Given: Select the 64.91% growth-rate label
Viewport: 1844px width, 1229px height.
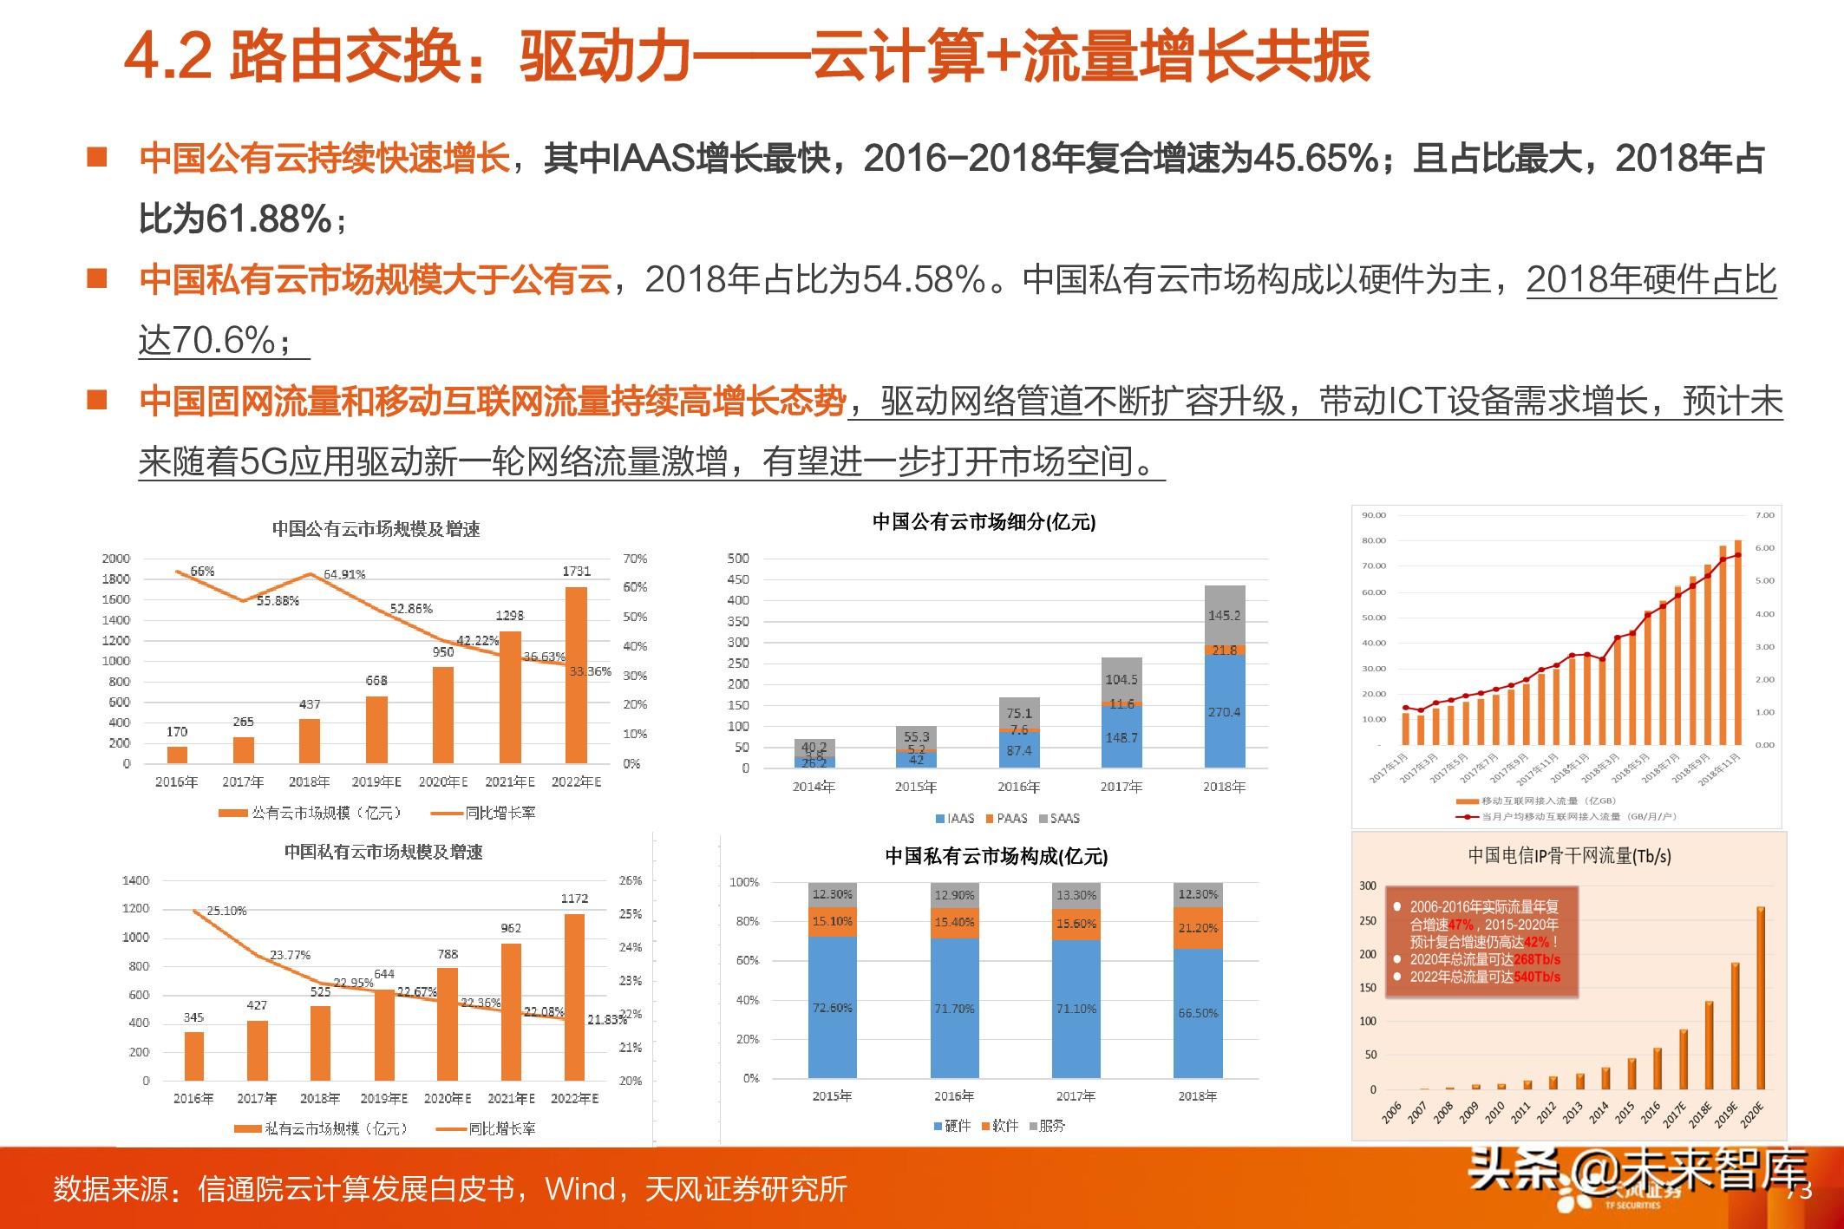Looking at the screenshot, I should pyautogui.click(x=344, y=574).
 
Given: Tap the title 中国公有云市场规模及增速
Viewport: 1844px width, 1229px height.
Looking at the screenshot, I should pyautogui.click(x=376, y=529).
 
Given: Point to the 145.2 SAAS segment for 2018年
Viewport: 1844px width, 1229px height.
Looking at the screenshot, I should pyautogui.click(x=1224, y=615).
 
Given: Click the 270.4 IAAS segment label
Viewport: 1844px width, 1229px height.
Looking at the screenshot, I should pyautogui.click(x=1224, y=712).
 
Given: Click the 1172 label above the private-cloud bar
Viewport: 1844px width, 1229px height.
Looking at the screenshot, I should pyautogui.click(x=574, y=899).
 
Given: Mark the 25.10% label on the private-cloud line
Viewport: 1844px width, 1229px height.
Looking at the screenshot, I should pyautogui.click(x=226, y=911).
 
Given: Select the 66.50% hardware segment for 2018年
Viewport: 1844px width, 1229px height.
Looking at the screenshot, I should pyautogui.click(x=1198, y=1013).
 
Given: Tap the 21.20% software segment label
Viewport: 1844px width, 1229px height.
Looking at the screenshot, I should pyautogui.click(x=1198, y=928).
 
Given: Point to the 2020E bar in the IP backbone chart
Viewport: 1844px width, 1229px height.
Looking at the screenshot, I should pyautogui.click(x=1760, y=997).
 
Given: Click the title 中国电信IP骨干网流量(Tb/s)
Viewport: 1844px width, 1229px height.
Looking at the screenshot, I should pyautogui.click(x=1569, y=856).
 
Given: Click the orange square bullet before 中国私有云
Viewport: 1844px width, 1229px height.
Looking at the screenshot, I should pyautogui.click(x=97, y=278).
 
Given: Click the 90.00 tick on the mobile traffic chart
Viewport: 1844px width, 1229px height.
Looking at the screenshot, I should pyautogui.click(x=1374, y=515).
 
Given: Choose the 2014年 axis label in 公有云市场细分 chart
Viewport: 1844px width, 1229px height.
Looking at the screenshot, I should pyautogui.click(x=814, y=787).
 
